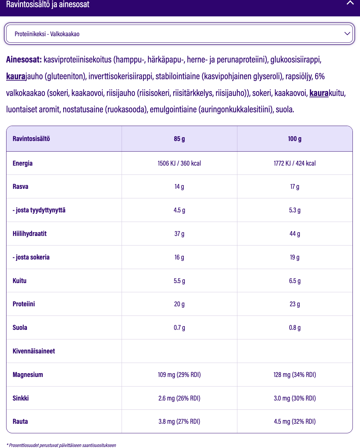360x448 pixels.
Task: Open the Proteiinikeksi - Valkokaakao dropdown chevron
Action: tap(347, 33)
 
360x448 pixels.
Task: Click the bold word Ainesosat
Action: tap(24, 60)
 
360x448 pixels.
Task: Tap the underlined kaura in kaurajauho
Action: tap(16, 76)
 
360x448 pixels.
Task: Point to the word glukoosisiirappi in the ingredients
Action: tap(295, 60)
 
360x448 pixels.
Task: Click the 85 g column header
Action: tap(179, 139)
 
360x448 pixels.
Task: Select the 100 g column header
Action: tap(295, 139)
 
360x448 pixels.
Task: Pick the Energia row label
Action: tap(23, 163)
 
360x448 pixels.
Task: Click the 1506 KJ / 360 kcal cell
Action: tap(179, 163)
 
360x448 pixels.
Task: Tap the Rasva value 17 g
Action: tap(295, 187)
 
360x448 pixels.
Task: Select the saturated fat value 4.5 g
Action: tap(179, 210)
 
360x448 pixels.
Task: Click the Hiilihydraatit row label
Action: tap(29, 234)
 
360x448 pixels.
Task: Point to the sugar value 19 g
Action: tap(295, 257)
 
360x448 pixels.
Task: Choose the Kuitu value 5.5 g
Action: tap(179, 281)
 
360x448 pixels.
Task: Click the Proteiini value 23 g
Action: tap(295, 304)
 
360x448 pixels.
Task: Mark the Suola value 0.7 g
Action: tap(179, 328)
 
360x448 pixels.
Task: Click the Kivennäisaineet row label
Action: tap(34, 351)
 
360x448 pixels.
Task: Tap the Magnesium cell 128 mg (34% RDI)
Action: tap(295, 375)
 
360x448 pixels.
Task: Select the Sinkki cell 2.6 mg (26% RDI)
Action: tap(179, 398)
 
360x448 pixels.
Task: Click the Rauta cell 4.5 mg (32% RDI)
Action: tap(295, 422)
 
